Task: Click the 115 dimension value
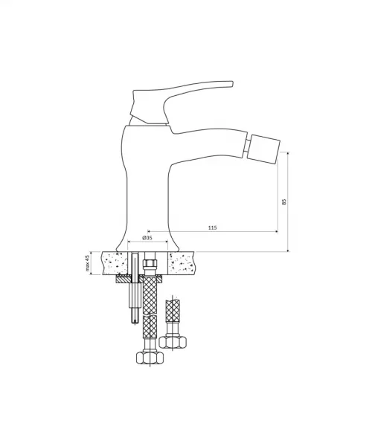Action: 212,227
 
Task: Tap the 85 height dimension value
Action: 283,201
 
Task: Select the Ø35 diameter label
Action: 147,238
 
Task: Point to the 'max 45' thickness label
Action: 88,263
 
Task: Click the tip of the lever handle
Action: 232,83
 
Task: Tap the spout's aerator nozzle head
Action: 263,149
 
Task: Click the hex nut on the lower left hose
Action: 150,358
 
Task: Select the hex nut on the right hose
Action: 173,342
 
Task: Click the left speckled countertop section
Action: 115,263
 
